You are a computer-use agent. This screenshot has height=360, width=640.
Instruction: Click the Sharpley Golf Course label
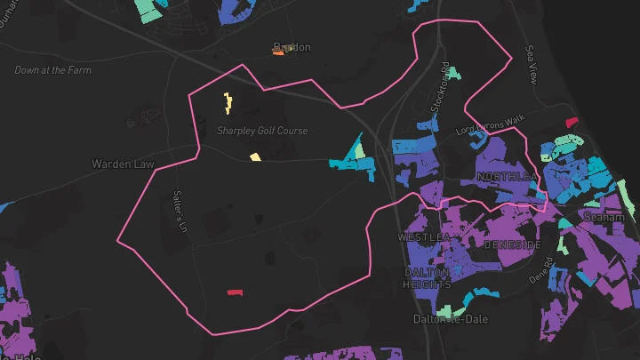[x=262, y=131]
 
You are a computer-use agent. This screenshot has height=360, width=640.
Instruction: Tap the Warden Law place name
[x=123, y=164]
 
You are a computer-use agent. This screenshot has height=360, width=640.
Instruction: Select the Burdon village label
[x=292, y=47]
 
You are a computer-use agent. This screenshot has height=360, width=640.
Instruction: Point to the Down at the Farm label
[x=53, y=70]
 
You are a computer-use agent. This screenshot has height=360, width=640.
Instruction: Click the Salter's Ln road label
[x=180, y=212]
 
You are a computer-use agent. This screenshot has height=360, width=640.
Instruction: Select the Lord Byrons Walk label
[x=491, y=125]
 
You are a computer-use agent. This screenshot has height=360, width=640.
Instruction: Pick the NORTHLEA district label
[x=508, y=177]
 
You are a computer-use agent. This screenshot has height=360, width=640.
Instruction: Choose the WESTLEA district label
[x=424, y=237]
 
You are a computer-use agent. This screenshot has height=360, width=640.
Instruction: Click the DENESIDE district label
[x=512, y=244]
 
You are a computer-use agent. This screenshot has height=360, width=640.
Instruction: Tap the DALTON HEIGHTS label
[x=428, y=278]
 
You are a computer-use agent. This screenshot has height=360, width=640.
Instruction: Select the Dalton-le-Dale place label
[x=447, y=318]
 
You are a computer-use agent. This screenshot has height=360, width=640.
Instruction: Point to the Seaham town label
[x=604, y=216]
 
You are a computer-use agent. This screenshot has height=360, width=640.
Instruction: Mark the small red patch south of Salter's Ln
[x=235, y=292]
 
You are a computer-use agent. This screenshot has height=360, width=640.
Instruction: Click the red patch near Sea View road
[x=571, y=122]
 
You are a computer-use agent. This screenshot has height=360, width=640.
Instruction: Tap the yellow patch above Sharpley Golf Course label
[x=228, y=103]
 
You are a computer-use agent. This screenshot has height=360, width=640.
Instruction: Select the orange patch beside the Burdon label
[x=278, y=52]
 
